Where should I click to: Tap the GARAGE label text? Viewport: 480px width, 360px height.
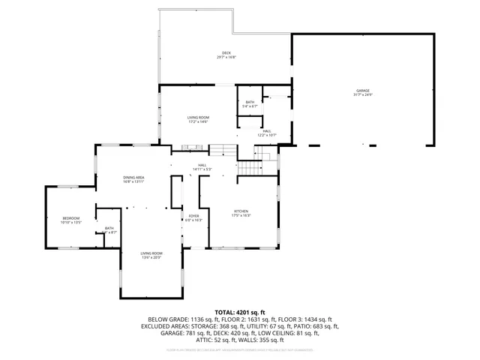[362, 91]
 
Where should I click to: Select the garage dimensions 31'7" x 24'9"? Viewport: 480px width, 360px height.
[362, 95]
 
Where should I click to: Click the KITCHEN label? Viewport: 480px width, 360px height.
[241, 211]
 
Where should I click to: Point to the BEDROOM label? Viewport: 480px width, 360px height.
[70, 218]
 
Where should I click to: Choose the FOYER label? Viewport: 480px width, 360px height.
[193, 216]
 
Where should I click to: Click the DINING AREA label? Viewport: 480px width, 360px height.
[133, 177]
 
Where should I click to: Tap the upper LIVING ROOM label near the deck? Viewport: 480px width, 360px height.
[198, 117]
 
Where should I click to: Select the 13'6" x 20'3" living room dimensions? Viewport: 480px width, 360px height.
[151, 258]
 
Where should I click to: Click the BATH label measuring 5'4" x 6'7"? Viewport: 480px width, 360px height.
[250, 102]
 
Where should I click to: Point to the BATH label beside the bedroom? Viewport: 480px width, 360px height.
[109, 229]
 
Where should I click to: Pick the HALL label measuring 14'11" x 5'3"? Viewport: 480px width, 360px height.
[202, 165]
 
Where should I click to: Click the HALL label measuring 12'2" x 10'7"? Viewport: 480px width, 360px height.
[267, 131]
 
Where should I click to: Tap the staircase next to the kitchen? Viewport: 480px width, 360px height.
[248, 167]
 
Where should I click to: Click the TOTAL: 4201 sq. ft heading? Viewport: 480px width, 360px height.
[239, 311]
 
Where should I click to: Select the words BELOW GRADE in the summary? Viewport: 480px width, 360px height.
[169, 319]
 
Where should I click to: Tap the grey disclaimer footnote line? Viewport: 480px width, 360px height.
[239, 349]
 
